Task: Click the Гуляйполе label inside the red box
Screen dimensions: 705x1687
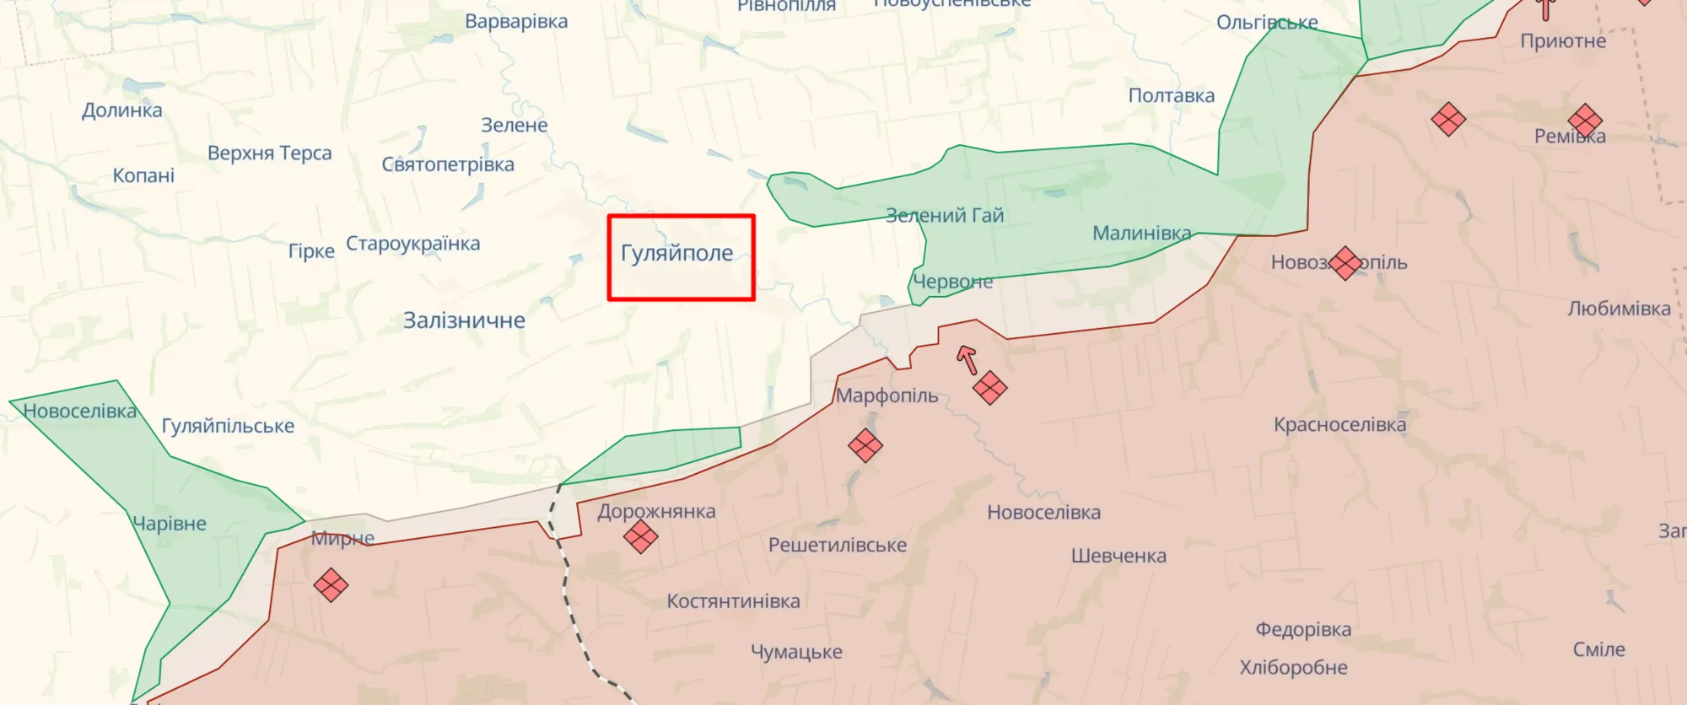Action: point(677,253)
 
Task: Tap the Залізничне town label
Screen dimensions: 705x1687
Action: point(464,320)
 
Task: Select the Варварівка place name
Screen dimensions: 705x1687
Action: point(516,21)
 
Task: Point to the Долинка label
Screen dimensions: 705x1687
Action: point(122,110)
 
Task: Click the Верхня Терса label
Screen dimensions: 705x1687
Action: point(270,153)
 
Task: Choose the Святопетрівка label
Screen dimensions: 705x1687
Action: point(448,164)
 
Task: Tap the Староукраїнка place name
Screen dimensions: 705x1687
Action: point(413,244)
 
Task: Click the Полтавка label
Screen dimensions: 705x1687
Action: point(1172,96)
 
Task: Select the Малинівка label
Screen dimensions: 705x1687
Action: point(1142,233)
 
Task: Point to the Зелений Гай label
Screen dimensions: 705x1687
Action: point(945,216)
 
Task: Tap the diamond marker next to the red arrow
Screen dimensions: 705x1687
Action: point(989,388)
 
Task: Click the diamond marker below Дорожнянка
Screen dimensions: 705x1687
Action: point(640,536)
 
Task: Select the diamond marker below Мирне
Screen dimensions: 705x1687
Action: point(331,584)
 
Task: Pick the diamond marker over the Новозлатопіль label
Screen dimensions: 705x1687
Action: point(1345,263)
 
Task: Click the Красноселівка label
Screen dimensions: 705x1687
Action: point(1339,424)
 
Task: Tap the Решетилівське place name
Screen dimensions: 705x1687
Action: point(838,545)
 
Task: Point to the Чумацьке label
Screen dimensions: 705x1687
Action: point(796,652)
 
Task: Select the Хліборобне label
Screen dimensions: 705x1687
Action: point(1293,668)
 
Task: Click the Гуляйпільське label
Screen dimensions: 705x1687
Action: point(228,426)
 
